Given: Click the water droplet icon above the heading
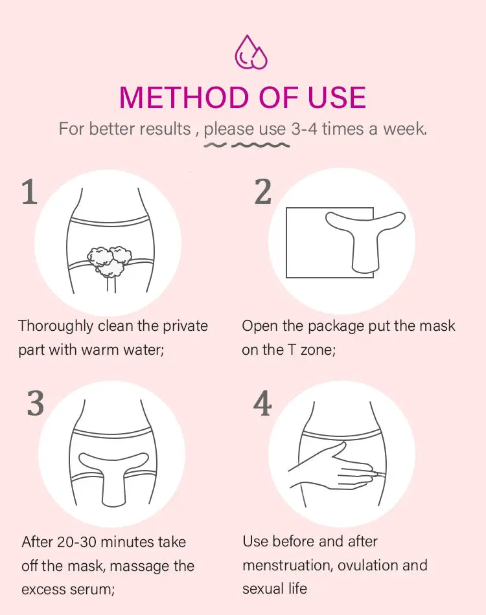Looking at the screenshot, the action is pyautogui.click(x=251, y=52).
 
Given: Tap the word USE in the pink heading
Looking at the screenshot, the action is pyautogui.click(x=336, y=97).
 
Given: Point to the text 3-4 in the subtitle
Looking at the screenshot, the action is pyautogui.click(x=304, y=129).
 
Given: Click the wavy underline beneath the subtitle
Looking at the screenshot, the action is pyautogui.click(x=246, y=146).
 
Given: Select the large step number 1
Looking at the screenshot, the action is pyautogui.click(x=29, y=192).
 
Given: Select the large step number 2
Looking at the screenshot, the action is pyautogui.click(x=262, y=192).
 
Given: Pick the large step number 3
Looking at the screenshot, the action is pyautogui.click(x=36, y=403).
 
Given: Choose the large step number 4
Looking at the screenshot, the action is pyautogui.click(x=262, y=403).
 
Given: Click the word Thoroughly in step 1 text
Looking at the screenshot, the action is pyautogui.click(x=55, y=326).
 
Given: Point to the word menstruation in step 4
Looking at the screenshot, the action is pyautogui.click(x=288, y=566).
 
